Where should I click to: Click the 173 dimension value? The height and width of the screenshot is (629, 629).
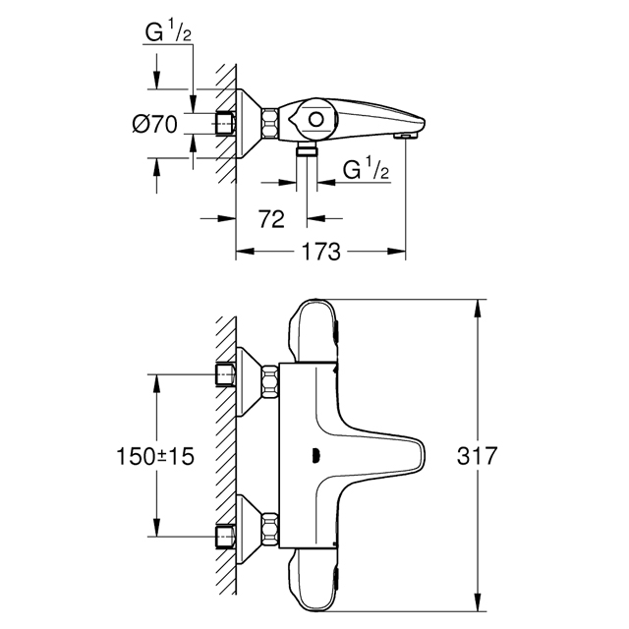(x=320, y=252)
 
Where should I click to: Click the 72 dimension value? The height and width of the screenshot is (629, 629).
(x=271, y=219)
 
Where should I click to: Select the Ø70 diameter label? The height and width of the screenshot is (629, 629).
(x=154, y=124)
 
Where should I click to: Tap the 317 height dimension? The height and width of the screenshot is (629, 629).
(x=477, y=456)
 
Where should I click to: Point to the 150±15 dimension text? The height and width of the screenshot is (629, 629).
(x=155, y=456)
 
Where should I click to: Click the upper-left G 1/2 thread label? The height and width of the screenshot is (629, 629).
(x=168, y=31)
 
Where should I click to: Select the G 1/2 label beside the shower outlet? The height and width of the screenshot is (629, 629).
(x=366, y=169)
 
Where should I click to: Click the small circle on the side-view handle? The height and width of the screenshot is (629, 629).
(x=316, y=120)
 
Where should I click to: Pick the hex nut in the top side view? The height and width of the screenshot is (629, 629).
(x=270, y=124)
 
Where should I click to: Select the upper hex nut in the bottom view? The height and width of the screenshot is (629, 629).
(x=270, y=381)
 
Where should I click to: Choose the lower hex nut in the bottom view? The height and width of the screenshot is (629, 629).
(x=270, y=530)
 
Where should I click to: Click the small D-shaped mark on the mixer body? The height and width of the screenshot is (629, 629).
(x=316, y=456)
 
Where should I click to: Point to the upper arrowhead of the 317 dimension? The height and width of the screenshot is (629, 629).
(x=477, y=308)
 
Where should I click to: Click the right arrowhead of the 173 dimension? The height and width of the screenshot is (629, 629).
(x=396, y=252)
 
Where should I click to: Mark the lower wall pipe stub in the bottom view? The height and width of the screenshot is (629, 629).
(x=225, y=536)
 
